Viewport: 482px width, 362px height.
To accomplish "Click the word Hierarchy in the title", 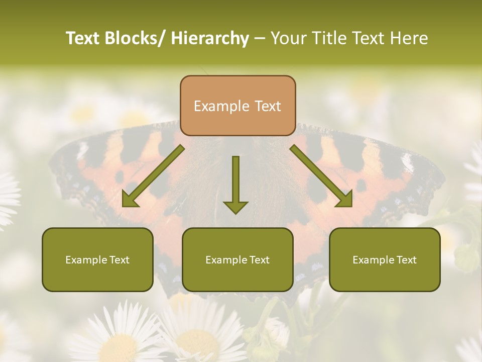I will click(210, 38).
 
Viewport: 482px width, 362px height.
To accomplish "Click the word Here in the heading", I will click(410, 38).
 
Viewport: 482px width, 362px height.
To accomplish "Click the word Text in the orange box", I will click(267, 107).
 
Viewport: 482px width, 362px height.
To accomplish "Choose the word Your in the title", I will click(288, 38).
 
